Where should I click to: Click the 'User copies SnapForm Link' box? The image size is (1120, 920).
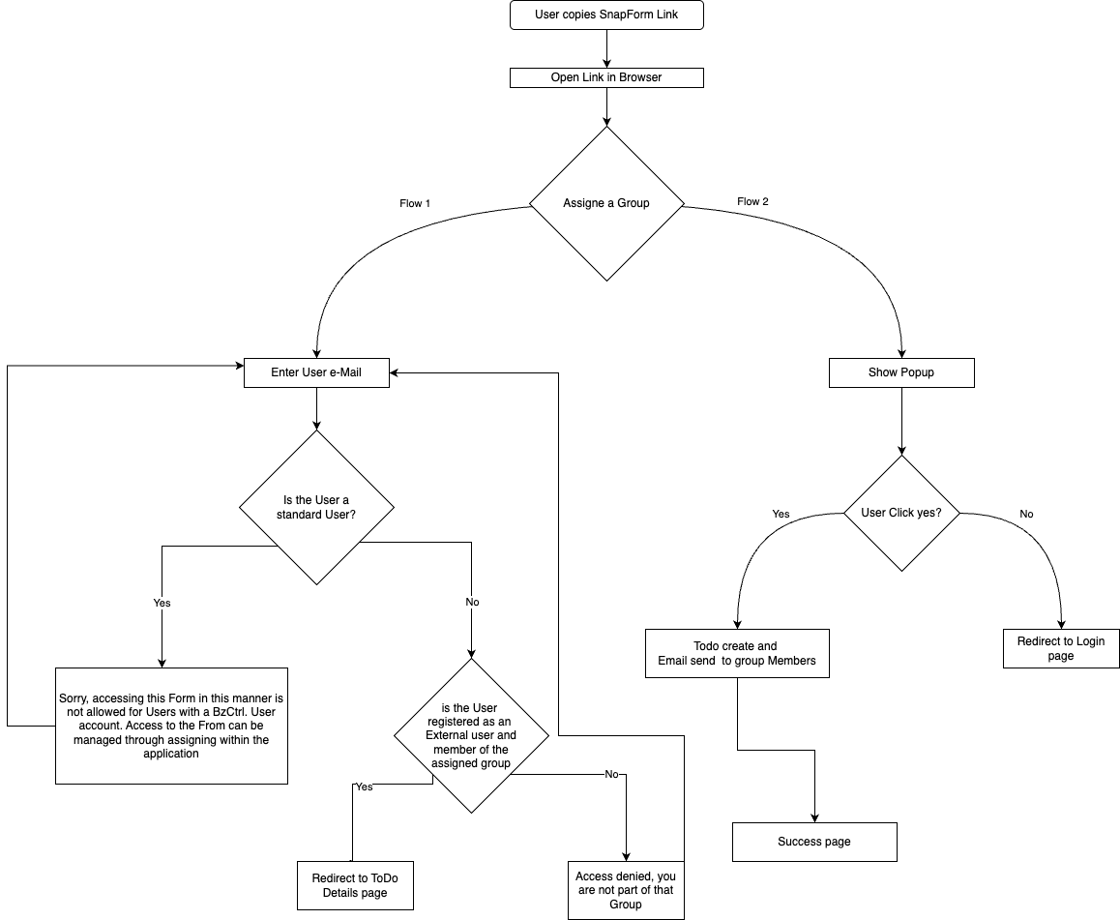coord(606,15)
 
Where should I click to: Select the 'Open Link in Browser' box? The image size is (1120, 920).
coord(606,77)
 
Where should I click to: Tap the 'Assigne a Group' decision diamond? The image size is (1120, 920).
coord(606,203)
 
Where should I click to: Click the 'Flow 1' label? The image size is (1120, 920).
coord(415,203)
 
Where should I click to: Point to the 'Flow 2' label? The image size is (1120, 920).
coord(752,201)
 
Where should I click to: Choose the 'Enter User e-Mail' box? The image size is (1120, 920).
coord(316,372)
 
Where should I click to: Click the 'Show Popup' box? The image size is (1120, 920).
coord(901,372)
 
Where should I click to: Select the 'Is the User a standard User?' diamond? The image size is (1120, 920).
coord(316,507)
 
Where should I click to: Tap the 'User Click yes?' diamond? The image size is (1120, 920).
coord(901,513)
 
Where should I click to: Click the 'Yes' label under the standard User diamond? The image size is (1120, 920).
coord(162,603)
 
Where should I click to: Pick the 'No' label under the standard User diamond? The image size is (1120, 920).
coord(472,602)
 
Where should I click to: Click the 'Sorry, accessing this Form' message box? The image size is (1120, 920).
coord(171,726)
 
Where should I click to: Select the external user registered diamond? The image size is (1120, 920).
coord(471,736)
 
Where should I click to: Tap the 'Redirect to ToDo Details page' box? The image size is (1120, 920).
coord(355,886)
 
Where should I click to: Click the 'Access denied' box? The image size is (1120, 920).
coord(626,890)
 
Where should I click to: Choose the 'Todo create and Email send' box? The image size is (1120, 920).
coord(737,654)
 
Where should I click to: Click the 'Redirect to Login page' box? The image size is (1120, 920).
coord(1061,648)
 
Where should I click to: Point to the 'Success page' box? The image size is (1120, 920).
coord(814,843)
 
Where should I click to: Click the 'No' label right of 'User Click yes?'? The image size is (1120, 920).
coord(1026,515)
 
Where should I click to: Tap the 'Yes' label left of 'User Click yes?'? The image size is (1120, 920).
coord(781,515)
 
